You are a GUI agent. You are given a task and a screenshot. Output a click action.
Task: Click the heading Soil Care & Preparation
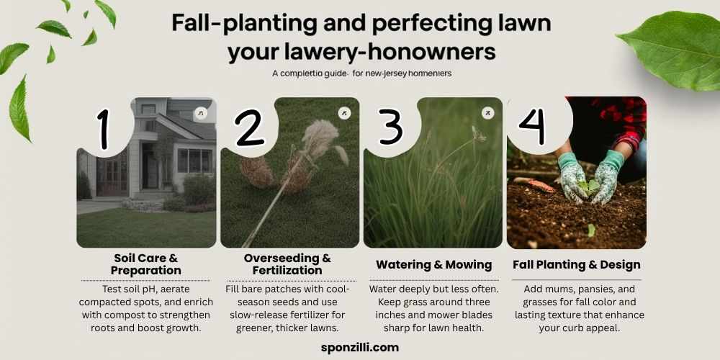146,264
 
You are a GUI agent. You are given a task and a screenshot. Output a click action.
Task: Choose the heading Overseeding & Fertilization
287,264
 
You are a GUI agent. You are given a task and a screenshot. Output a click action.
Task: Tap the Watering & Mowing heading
433,265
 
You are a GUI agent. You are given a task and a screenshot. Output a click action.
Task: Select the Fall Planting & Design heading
576,265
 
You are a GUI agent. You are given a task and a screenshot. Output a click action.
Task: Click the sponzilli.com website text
359,346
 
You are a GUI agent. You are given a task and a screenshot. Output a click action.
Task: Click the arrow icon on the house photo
200,114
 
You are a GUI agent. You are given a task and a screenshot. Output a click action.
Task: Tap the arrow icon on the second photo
344,113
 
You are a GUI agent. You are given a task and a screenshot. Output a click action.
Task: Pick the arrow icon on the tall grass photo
487,113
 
